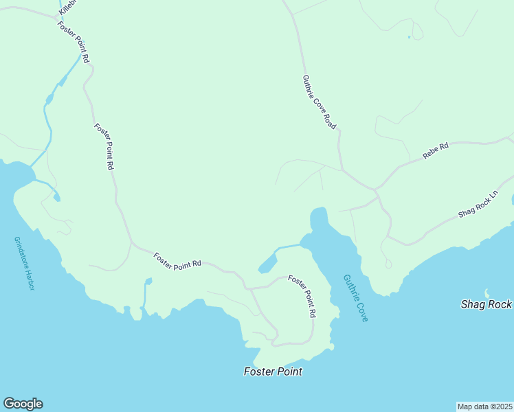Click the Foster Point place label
pyautogui.click(x=273, y=371)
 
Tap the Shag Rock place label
pyautogui.click(x=487, y=304)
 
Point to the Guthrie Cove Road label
pyautogui.click(x=319, y=102)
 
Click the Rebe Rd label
pyautogui.click(x=435, y=151)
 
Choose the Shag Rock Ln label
pyautogui.click(x=478, y=205)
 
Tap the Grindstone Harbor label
pyautogui.click(x=23, y=264)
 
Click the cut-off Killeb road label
pyautogui.click(x=66, y=8)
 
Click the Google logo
pyautogui.click(x=23, y=404)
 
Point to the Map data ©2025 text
pyautogui.click(x=485, y=406)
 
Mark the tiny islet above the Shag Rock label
pyautogui.click(x=487, y=293)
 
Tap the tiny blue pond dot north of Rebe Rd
pyautogui.click(x=409, y=37)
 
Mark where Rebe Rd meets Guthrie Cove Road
pyautogui.click(x=375, y=188)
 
